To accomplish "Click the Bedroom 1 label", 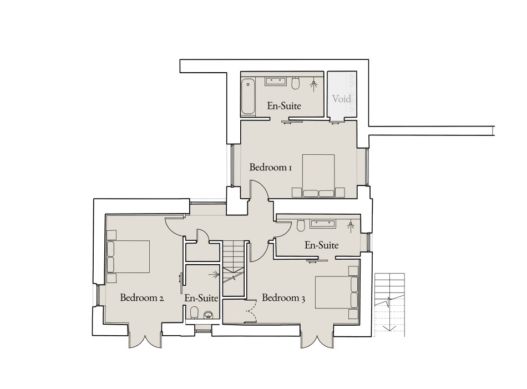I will pos(270,167).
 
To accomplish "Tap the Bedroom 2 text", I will pos(141,298).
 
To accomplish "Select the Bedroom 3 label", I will pos(283,298).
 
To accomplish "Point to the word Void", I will pos(341,99).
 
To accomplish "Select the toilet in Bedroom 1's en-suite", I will pos(296,83).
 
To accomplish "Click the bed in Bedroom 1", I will pos(318,176).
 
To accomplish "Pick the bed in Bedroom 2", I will pos(129,256).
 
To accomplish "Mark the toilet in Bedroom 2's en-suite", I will pos(193,312).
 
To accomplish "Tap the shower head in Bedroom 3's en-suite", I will pos(350,225).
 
